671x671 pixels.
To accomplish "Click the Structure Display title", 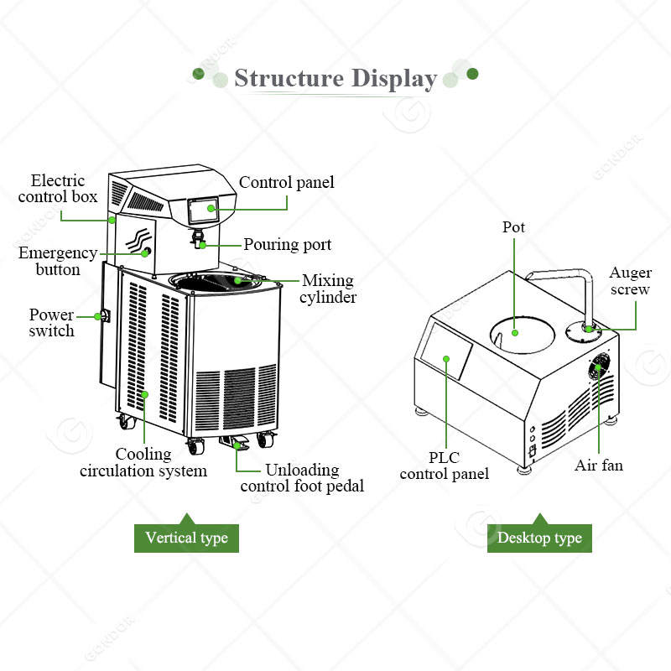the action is click(x=335, y=79).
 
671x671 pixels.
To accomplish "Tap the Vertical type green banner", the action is click(x=186, y=538).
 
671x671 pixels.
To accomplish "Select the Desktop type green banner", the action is click(x=539, y=538).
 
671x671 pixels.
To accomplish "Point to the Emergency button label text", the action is click(x=58, y=261).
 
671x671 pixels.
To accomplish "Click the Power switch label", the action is click(x=52, y=323).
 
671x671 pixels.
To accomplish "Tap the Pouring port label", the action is click(x=288, y=245).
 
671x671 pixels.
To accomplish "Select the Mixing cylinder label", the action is click(x=328, y=289).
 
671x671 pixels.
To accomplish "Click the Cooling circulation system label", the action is click(x=143, y=462).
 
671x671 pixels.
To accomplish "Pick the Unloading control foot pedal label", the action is click(x=302, y=477).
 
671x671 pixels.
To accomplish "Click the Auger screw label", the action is click(x=630, y=281).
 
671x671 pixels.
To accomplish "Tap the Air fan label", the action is click(x=599, y=465).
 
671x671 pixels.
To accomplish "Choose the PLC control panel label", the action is click(x=444, y=466).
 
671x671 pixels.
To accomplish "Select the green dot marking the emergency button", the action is click(x=147, y=252).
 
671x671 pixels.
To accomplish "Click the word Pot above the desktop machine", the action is click(x=514, y=227).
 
